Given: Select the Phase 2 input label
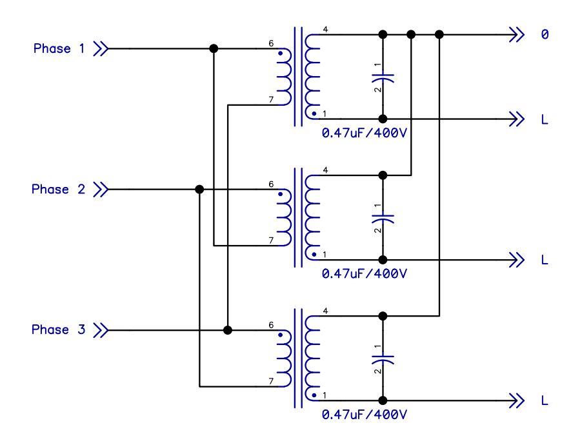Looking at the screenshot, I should tap(59, 190).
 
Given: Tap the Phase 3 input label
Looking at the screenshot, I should tap(59, 330).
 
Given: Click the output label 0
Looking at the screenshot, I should tap(544, 34).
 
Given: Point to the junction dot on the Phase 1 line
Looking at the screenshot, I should tap(214, 48).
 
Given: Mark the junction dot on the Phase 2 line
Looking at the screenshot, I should tap(199, 190).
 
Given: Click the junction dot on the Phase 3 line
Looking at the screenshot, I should tap(227, 330).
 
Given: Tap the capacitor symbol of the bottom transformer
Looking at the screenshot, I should tap(383, 358).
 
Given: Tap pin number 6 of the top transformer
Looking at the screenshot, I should tap(272, 44).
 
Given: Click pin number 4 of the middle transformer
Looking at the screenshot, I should tap(325, 170).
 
